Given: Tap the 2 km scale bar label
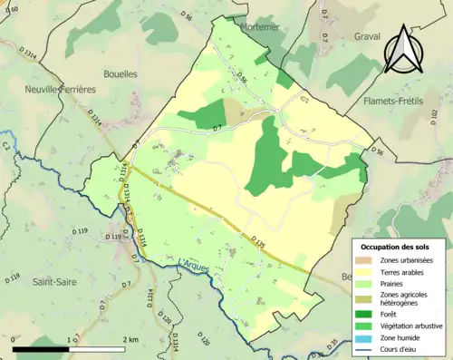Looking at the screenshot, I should coord(130,339).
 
